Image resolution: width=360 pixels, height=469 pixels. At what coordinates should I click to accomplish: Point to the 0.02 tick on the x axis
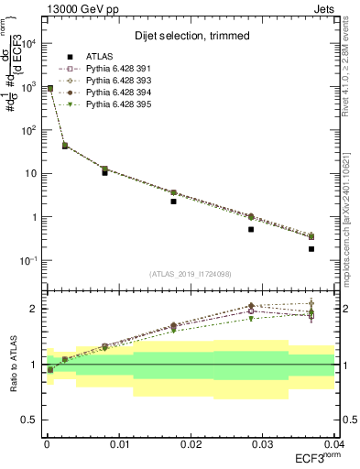click(190, 443)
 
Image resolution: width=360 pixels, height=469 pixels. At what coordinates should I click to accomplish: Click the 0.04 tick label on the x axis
click(333, 443)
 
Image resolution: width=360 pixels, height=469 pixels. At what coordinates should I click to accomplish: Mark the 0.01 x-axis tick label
click(117, 443)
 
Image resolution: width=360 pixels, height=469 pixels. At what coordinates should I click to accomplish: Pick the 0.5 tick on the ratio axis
click(30, 420)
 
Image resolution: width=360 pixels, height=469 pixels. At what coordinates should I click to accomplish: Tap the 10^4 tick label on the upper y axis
click(29, 43)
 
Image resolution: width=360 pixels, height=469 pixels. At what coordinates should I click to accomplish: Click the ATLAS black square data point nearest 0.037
click(311, 249)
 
